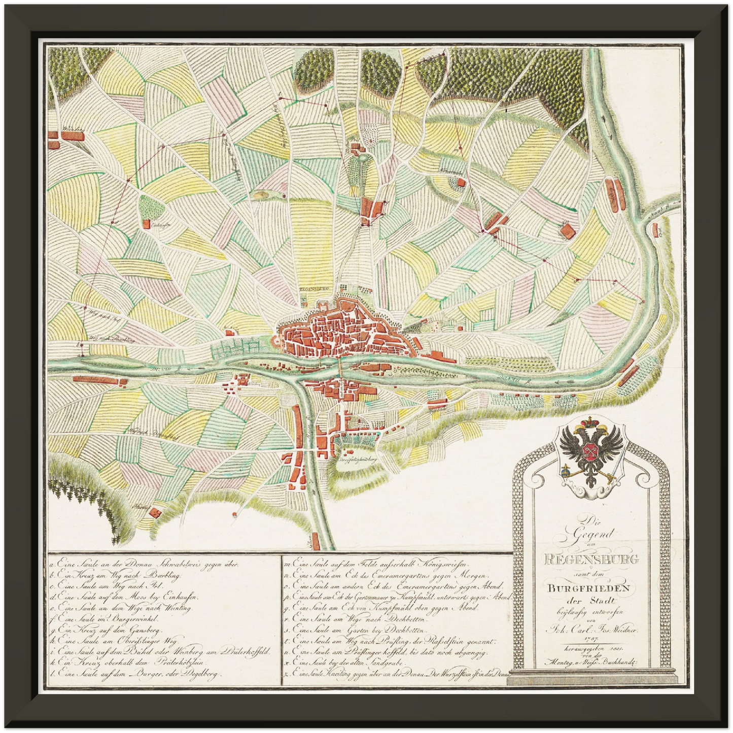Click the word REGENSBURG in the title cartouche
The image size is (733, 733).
pos(591,560)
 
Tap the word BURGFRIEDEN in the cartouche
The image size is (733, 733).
pos(588,588)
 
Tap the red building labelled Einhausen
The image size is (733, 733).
pos(147,223)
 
